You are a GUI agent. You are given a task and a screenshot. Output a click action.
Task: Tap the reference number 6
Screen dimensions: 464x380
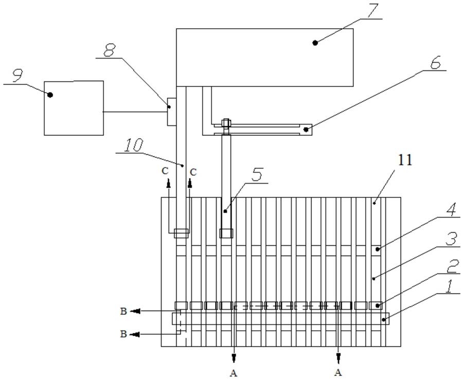pyautogui.click(x=435, y=62)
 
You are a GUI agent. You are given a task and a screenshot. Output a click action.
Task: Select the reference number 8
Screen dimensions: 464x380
pyautogui.click(x=110, y=50)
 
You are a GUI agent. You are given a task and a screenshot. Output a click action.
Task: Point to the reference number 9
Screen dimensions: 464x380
pyautogui.click(x=17, y=76)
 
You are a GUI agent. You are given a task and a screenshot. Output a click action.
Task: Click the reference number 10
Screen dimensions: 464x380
pyautogui.click(x=133, y=145)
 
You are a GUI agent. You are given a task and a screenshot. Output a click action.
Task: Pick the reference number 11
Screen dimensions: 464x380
pyautogui.click(x=405, y=160)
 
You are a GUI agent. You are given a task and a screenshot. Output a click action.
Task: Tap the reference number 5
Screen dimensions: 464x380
pyautogui.click(x=257, y=175)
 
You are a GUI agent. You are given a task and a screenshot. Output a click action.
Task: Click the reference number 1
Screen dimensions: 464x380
pyautogui.click(x=449, y=286)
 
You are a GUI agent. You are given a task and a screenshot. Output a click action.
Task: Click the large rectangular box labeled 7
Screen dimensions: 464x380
pyautogui.click(x=264, y=58)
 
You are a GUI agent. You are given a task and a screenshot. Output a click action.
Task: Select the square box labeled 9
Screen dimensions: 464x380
pyautogui.click(x=74, y=108)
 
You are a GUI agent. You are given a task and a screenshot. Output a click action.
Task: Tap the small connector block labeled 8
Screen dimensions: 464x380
pyautogui.click(x=172, y=112)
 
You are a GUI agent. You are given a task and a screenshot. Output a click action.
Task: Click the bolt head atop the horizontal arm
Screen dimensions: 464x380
pyautogui.click(x=226, y=122)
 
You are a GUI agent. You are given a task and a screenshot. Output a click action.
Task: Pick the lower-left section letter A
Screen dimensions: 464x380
pyautogui.click(x=234, y=373)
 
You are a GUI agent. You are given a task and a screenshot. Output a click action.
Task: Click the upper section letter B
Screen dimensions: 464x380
pyautogui.click(x=123, y=311)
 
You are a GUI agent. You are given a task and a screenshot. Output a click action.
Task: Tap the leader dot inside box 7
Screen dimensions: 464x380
pyautogui.click(x=315, y=43)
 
